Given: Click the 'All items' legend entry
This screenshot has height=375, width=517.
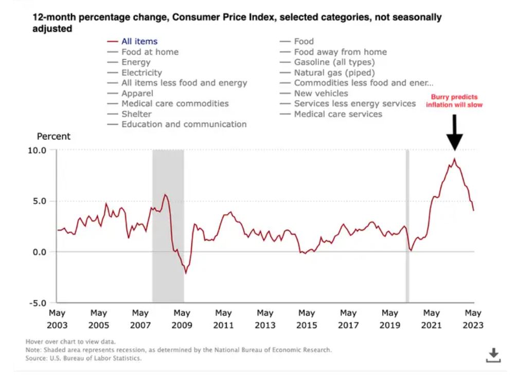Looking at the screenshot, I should [139, 41].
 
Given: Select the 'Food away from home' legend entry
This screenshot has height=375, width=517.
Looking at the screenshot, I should [340, 52].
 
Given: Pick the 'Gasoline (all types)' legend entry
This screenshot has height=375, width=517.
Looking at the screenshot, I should [334, 62].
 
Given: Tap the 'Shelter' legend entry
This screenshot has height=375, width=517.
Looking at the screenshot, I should [136, 114].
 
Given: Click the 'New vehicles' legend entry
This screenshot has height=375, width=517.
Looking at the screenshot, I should [321, 93].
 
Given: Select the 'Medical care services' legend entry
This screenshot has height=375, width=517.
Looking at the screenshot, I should [338, 114].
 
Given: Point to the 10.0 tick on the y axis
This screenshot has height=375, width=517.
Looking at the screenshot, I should [37, 150].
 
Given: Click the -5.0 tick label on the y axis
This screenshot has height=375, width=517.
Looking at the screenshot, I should [37, 303].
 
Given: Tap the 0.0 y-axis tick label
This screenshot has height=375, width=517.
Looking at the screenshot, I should [39, 252].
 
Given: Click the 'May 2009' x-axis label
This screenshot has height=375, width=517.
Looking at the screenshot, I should [182, 319].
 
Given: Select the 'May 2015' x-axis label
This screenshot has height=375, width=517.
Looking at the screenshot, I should [307, 319].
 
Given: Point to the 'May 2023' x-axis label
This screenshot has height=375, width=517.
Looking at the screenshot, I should [473, 319].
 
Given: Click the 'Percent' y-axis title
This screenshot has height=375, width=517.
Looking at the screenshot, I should [54, 137].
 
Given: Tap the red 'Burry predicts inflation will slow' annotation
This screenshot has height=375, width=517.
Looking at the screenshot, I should [454, 101].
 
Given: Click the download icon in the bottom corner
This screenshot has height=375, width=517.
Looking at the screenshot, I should [493, 354].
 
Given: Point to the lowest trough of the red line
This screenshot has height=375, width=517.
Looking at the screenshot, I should [186, 273].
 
